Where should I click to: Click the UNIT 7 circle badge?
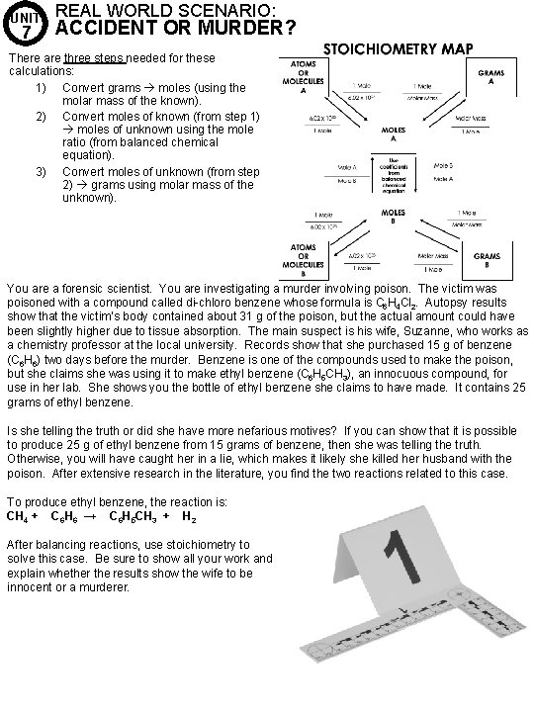[x=29, y=25]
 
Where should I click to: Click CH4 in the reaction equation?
[x=18, y=515]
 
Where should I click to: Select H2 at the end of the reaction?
[x=188, y=515]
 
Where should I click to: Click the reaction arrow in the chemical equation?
[x=88, y=515]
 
